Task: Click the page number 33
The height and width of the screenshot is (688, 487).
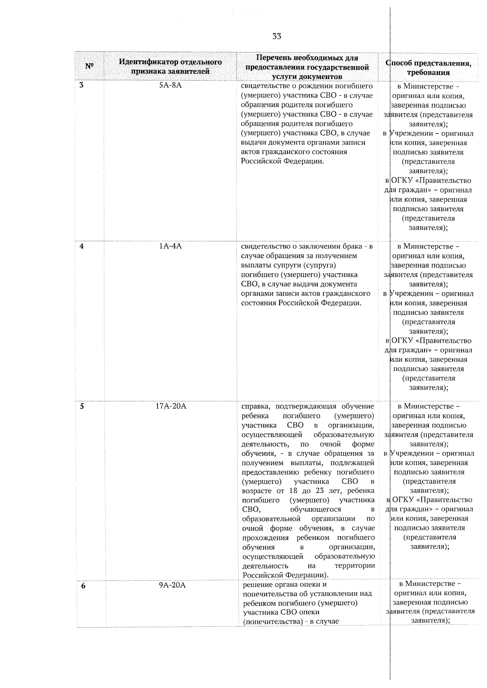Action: (x=276, y=36)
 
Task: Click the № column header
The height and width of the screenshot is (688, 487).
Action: (x=90, y=66)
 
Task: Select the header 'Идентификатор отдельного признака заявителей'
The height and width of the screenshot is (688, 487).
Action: (x=170, y=66)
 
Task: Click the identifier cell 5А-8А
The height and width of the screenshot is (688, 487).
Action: (x=170, y=86)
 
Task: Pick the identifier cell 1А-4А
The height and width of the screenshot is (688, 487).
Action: (x=170, y=246)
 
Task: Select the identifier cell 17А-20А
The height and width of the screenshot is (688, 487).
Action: (x=171, y=406)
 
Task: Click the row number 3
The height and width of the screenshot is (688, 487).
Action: (x=81, y=86)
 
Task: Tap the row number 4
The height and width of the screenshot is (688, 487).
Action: (x=82, y=246)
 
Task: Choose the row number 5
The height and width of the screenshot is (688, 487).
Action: (x=82, y=406)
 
